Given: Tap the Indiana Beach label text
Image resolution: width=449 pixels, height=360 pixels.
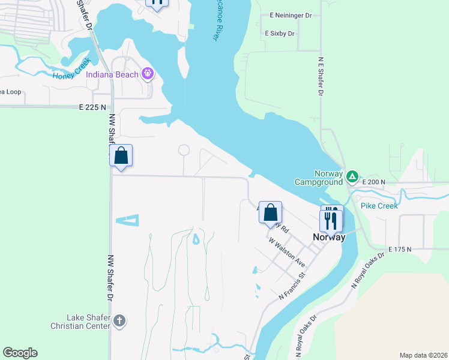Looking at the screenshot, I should tap(113, 74).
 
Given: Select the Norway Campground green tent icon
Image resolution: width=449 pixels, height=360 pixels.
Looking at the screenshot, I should tap(352, 177).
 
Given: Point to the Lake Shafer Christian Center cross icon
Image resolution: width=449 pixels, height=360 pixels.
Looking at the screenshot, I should tap(119, 320).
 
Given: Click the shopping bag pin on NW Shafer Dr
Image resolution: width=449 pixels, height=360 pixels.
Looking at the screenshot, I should tap(121, 156).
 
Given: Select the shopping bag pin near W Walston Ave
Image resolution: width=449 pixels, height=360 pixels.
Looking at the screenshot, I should tap(271, 212).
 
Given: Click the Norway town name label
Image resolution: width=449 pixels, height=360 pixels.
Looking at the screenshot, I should tap(329, 237).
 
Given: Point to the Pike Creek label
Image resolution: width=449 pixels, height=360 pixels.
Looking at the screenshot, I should tap(379, 206).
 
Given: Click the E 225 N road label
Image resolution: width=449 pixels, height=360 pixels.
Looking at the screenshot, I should tap(92, 107).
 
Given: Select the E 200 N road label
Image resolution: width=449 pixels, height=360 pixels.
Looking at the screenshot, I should tap(373, 182).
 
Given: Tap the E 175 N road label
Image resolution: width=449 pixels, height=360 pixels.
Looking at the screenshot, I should tap(401, 248).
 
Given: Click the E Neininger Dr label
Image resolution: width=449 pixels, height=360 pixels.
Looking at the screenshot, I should tap(292, 14).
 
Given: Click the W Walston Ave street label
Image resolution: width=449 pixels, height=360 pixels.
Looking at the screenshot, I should tap(286, 253).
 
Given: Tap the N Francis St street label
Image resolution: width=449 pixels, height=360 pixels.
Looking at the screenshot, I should tap(292, 287).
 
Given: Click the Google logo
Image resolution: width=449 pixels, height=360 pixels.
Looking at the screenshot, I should tap(20, 353).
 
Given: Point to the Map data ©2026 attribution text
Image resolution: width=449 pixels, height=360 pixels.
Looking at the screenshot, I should tap(423, 355).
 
